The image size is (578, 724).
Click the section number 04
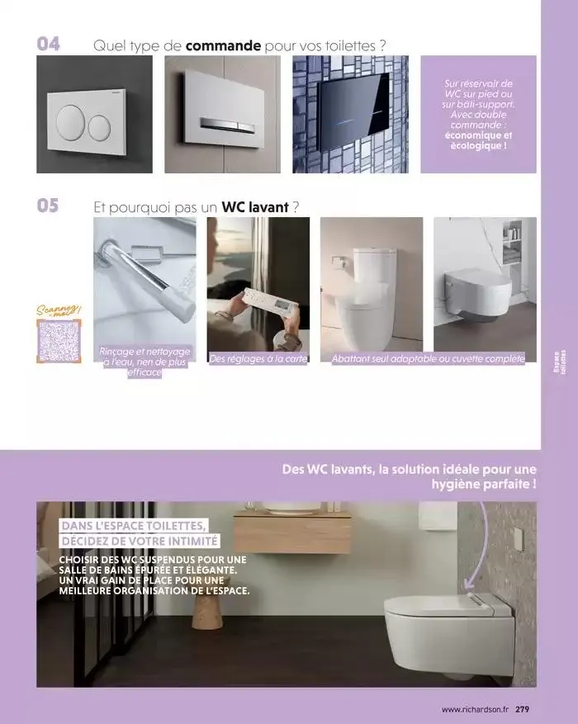49,44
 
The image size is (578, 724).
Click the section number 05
49,205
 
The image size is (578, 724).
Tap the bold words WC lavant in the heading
255,206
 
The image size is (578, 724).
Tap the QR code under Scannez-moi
59,341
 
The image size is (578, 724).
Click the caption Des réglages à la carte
258,358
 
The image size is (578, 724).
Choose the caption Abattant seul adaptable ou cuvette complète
428,358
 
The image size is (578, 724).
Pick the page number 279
524,708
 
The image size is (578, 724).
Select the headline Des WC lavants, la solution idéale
409,477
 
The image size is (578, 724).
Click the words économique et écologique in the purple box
478,141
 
